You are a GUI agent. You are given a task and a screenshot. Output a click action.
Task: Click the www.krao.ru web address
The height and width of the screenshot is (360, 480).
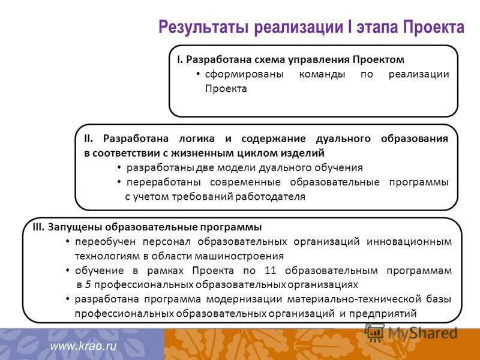point(82,346)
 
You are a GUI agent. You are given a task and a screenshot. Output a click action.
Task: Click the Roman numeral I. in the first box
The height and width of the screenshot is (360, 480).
point(179,60)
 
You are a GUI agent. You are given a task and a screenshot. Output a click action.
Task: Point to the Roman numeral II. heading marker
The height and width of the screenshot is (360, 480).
point(88,139)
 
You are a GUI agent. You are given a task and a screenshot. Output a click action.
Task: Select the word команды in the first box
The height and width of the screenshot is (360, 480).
point(323,74)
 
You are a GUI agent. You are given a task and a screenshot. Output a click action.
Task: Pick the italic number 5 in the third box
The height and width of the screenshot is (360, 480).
point(88,284)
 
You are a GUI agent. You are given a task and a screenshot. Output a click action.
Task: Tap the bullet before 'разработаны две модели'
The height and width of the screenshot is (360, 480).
point(119,167)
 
